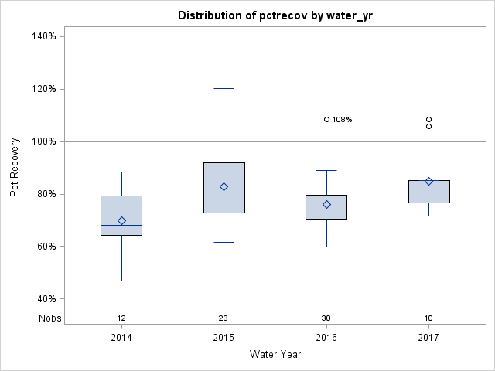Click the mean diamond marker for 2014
121,220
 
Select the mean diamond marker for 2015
224,186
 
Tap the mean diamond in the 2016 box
326,204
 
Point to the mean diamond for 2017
429,182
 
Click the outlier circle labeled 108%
326,120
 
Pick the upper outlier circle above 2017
429,120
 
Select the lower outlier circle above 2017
429,126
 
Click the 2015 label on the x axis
224,338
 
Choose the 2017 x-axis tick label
429,338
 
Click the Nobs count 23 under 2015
224,318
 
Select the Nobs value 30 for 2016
326,318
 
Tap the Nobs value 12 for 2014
121,318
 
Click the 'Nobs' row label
49,318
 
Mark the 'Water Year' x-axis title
275,355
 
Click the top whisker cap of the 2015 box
224,89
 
